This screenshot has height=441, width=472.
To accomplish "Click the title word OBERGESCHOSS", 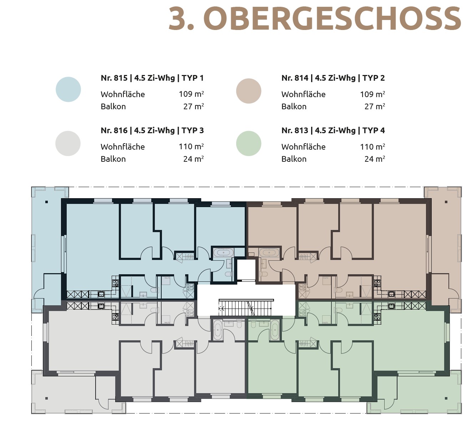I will [x=333, y=19].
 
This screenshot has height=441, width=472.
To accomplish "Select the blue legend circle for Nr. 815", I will [x=68, y=89].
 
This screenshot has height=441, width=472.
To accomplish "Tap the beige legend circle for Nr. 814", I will [x=249, y=91].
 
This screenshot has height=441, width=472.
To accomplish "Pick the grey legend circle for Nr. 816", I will [x=68, y=143].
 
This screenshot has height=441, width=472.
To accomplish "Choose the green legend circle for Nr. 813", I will [x=249, y=143].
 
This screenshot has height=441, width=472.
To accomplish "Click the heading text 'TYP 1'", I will [x=193, y=78].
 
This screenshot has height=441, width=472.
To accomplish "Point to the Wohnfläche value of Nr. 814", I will [x=372, y=94].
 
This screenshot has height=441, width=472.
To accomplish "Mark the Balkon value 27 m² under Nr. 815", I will [x=193, y=106].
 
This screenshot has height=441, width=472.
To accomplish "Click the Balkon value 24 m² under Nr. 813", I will [x=374, y=159].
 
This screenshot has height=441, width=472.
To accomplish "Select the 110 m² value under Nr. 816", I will [x=191, y=147].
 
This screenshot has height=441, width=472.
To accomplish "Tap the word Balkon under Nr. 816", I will [x=113, y=159].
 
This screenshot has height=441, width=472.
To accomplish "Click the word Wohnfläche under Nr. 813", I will [x=303, y=147].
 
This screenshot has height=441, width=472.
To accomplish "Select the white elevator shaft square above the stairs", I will [x=246, y=270].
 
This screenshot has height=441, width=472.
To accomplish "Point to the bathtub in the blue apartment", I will [x=223, y=253].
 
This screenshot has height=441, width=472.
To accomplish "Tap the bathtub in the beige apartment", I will [x=269, y=253].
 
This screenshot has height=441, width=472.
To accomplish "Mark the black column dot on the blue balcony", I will [x=47, y=202].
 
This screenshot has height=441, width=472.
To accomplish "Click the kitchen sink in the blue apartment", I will [x=101, y=294].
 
